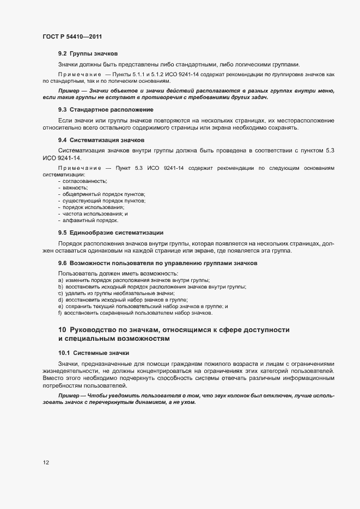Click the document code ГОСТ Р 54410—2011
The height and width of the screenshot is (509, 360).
pyautogui.click(x=72, y=36)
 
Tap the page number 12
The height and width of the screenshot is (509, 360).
pyautogui.click(x=46, y=463)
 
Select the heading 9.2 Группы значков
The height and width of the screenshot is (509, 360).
pyautogui.click(x=88, y=54)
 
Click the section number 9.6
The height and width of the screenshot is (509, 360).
pyautogui.click(x=62, y=263)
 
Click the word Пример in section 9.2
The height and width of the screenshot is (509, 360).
pyautogui.click(x=69, y=90)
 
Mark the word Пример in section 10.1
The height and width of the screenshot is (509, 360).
pyautogui.click(x=69, y=395)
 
